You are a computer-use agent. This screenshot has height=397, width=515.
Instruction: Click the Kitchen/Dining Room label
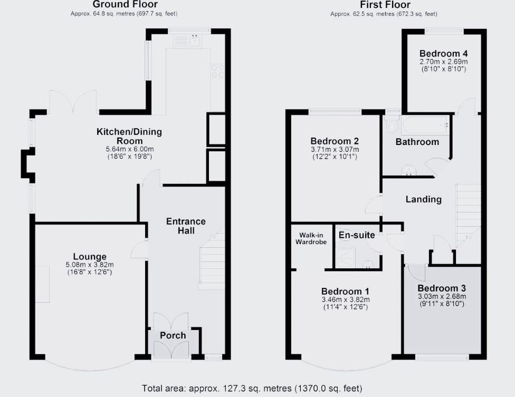pyautogui.click(x=129, y=136)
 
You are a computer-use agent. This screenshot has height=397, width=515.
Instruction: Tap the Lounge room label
pyautogui.click(x=93, y=257)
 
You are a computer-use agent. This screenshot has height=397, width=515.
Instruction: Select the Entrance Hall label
pyautogui.click(x=186, y=226)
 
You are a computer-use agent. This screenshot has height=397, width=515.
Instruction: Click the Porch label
pyautogui.click(x=173, y=335)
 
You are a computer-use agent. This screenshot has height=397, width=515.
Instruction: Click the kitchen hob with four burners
pyautogui.click(x=217, y=71)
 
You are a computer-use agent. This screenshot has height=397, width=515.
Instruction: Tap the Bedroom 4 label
pyautogui.click(x=443, y=53)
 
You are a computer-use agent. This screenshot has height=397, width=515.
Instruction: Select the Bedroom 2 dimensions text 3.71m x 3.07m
pyautogui.click(x=335, y=150)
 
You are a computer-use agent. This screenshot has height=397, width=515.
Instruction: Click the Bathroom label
pyautogui.click(x=417, y=142)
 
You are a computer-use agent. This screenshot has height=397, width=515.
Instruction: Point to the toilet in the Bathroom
pyautogui.click(x=391, y=125)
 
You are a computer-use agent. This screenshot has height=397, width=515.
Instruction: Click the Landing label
pyautogui.click(x=423, y=199)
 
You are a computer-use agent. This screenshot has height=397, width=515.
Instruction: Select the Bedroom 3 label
pyautogui.click(x=441, y=288)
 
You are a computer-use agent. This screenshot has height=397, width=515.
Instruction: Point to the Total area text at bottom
pyautogui.click(x=252, y=389)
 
